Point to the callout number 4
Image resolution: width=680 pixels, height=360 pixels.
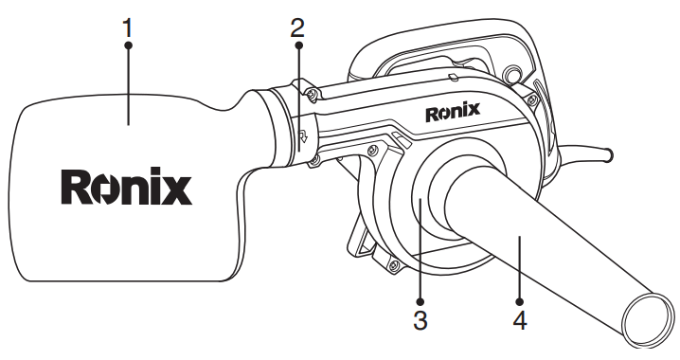pos(518,318)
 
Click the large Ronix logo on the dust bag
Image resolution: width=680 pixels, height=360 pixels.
pos(126,188)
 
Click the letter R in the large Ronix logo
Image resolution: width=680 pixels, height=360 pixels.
pos(76,188)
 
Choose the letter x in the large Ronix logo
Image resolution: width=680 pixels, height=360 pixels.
pos(175,188)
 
